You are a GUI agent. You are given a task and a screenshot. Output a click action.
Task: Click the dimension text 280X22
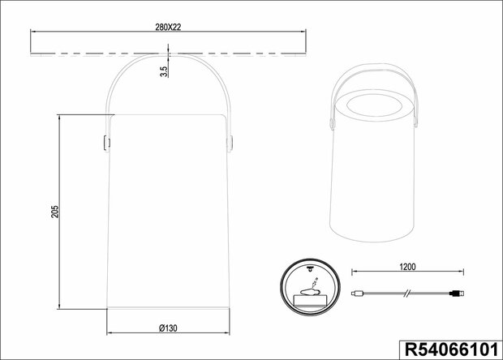click(x=168, y=26)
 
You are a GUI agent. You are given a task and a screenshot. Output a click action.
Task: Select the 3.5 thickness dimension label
click(x=164, y=72)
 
